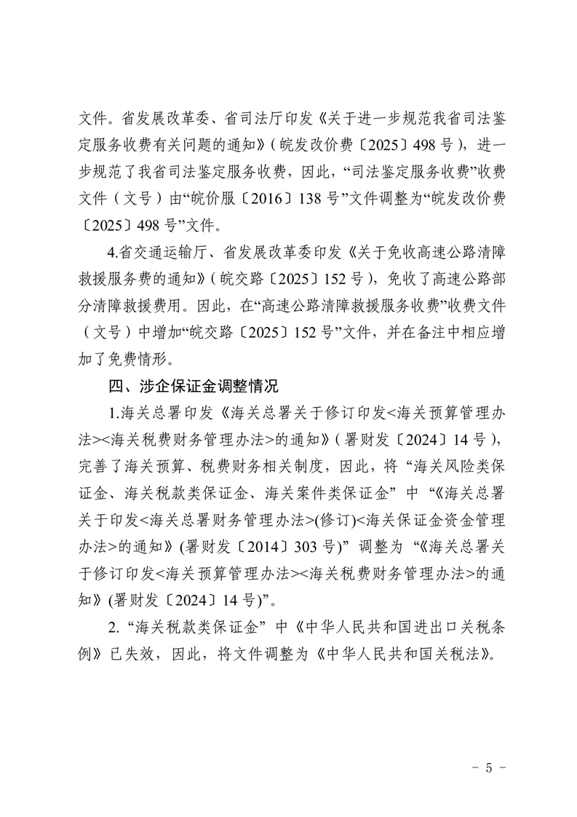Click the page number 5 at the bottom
point(488,767)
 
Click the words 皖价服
point(222,199)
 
